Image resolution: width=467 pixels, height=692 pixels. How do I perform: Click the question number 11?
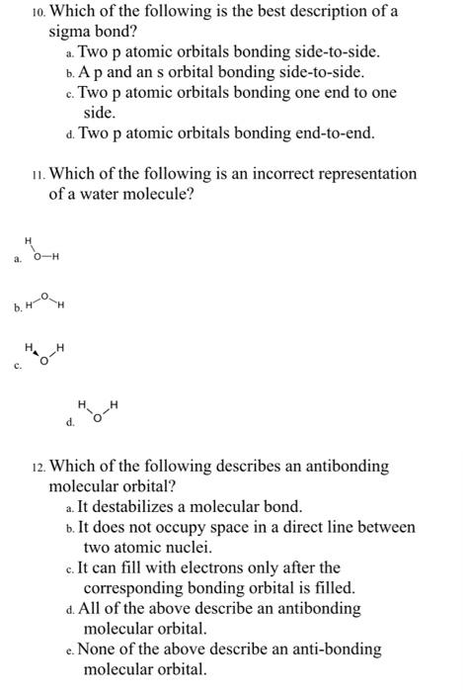click(36, 174)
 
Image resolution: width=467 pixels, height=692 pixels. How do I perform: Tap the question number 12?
click(35, 466)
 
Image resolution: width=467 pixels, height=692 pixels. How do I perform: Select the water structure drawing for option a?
click(43, 251)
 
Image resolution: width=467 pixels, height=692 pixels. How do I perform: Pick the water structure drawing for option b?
click(43, 301)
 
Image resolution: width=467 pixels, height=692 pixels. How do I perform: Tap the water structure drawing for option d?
click(100, 412)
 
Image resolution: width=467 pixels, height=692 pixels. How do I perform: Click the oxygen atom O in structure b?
click(44, 295)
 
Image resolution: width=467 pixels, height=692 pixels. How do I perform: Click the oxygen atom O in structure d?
click(98, 419)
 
